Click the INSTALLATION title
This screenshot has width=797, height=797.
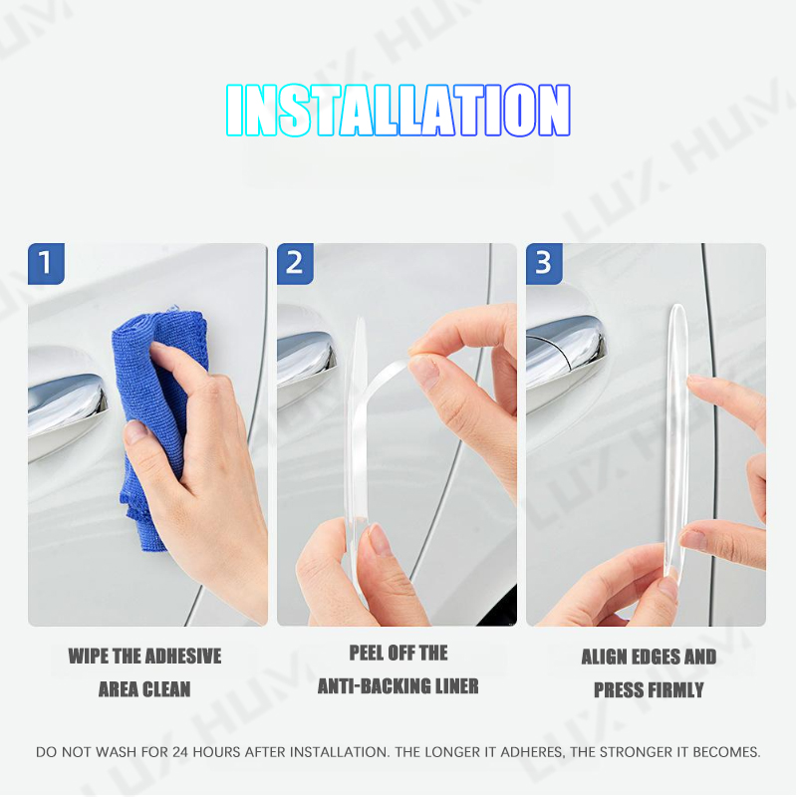coord(398,110)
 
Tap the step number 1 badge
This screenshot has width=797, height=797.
coord(46,264)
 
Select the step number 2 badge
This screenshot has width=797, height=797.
coord(295,264)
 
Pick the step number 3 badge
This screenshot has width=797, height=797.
coord(544,264)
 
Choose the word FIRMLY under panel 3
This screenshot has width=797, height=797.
coord(673,690)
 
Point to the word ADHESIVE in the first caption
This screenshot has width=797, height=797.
coord(182,657)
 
